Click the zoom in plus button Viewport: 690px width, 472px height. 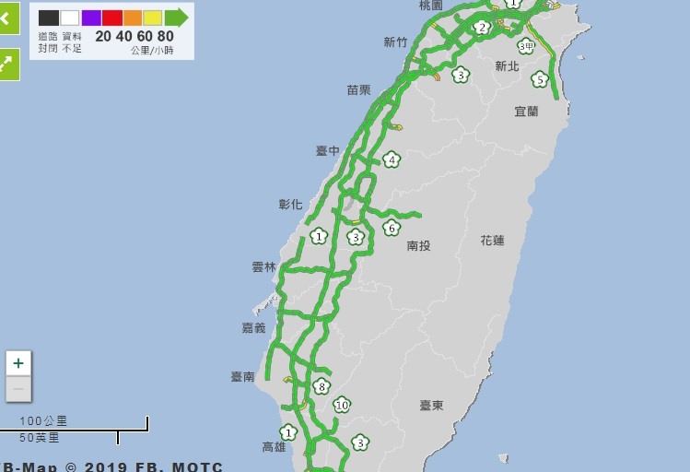point(18,363)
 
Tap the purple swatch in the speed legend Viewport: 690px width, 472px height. point(91,18)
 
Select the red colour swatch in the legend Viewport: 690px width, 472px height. point(111,18)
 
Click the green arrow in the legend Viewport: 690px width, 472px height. point(177,18)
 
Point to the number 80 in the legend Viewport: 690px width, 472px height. point(165,36)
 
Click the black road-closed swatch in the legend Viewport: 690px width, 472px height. point(49,18)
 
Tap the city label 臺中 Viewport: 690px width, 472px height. point(327,150)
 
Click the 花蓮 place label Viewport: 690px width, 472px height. point(492,241)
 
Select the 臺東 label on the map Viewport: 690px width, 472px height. point(431,406)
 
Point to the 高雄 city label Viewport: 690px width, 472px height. point(274,447)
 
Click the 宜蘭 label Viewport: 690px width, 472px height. point(526,111)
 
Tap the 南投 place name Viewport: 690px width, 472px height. point(418,246)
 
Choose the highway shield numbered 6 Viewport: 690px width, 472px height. point(392,228)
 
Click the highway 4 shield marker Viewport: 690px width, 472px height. point(392,159)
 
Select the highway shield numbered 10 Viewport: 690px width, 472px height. point(342,405)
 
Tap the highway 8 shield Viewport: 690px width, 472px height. point(321,386)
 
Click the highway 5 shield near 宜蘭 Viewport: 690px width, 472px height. point(540,79)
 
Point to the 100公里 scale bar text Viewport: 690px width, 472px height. point(44,421)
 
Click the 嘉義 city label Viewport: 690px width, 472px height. point(253,328)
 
